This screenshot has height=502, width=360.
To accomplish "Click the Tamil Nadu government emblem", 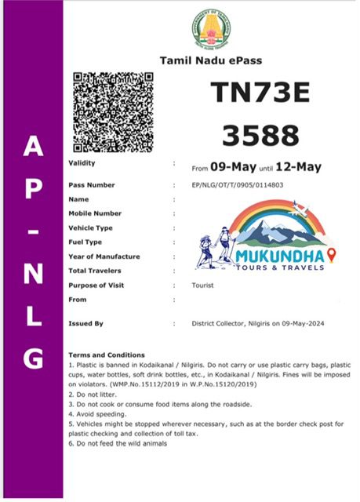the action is (x=211, y=31).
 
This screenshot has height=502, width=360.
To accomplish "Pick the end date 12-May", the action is (x=299, y=166).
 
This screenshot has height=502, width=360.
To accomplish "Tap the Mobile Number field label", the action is (x=96, y=213).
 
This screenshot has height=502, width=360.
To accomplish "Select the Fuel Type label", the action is (x=85, y=242).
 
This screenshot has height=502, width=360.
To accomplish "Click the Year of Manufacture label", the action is (x=104, y=256).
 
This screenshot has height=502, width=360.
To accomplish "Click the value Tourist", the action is (x=204, y=286).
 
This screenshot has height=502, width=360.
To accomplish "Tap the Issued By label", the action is (x=86, y=323).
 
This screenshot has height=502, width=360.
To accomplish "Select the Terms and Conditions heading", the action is (x=107, y=355).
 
